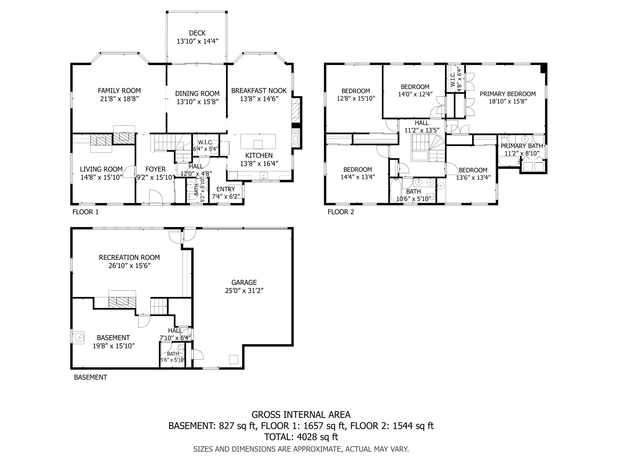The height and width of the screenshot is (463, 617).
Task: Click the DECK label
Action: [x=197, y=33]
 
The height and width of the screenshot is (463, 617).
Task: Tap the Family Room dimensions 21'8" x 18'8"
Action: [x=119, y=99]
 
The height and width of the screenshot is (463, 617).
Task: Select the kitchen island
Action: [x=258, y=141]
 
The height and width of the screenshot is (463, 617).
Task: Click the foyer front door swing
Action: [x=155, y=197]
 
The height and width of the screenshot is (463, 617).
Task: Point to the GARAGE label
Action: [x=244, y=282]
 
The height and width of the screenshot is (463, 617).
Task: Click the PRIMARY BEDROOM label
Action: [x=508, y=94]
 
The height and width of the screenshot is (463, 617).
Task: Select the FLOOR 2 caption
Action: [x=341, y=212]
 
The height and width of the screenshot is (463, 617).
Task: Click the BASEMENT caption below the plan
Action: [x=90, y=377]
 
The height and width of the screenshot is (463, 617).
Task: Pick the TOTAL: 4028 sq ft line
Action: [x=301, y=437]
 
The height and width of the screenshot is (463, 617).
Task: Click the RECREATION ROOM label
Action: [x=129, y=257]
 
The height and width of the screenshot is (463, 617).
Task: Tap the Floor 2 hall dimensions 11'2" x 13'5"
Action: [x=421, y=130]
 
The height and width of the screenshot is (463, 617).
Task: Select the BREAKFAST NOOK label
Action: [x=259, y=90]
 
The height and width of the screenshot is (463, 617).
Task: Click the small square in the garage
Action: [x=233, y=359]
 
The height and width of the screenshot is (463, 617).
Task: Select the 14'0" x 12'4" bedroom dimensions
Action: [x=415, y=94]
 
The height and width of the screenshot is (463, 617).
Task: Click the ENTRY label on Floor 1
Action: [x=226, y=189]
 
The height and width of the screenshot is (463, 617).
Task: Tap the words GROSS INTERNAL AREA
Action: [x=301, y=415]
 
